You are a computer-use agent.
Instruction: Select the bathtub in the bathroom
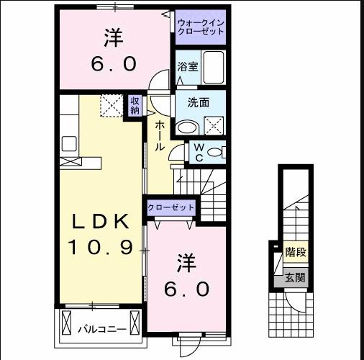[x=214, y=69]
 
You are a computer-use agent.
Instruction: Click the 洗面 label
[x=199, y=102]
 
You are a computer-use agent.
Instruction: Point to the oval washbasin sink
[x=186, y=127]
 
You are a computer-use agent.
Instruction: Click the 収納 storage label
[x=135, y=106]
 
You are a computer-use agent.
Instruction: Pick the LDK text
[x=99, y=220]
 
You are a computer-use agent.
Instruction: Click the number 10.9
[x=99, y=248]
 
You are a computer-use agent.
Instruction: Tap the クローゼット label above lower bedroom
[x=171, y=207]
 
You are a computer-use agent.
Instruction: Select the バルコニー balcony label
[x=102, y=330]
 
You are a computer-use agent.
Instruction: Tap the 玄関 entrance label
[x=295, y=277]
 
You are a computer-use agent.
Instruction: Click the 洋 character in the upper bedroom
[x=114, y=35]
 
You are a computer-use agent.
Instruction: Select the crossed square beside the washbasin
[x=214, y=127]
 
